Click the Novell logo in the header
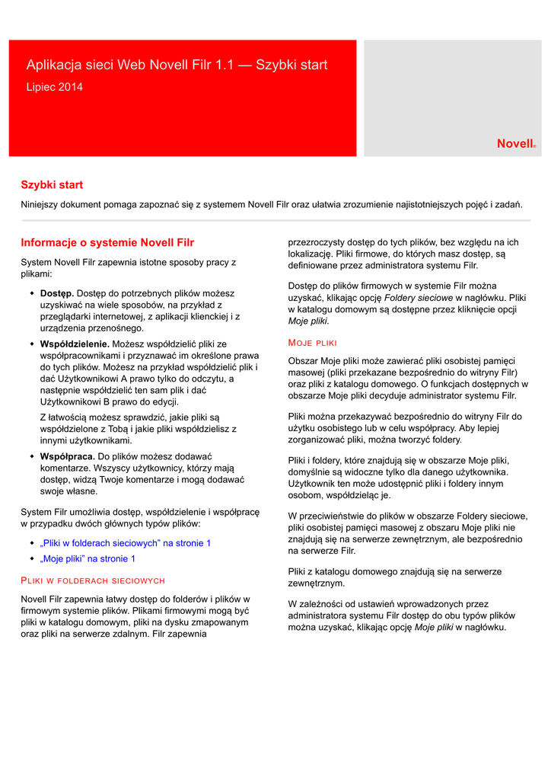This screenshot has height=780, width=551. coord(516,143)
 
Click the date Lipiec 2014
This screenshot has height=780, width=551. coord(55,87)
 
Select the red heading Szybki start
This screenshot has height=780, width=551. coord(52,185)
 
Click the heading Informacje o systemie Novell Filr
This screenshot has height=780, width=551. coord(107,243)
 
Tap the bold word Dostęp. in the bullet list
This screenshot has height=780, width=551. coord(57,293)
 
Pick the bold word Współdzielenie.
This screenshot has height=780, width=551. coord(75,344)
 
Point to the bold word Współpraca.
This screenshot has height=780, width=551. coord(67,456)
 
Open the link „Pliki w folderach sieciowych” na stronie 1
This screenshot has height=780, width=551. coord(126,543)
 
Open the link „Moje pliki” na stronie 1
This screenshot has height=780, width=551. coord(88,558)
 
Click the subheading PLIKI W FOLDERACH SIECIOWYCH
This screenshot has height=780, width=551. coord(93,580)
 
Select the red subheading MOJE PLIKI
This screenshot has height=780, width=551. coord(312,343)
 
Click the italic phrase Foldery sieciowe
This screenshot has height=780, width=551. coord(418,298)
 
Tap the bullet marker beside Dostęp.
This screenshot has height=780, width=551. coord(32,293)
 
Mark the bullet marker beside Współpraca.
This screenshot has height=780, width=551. coord(32,456)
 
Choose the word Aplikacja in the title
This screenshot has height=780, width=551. coord(53,66)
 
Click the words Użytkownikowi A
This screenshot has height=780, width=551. coord(84,379)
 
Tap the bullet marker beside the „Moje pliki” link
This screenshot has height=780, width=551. coord(32,558)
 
